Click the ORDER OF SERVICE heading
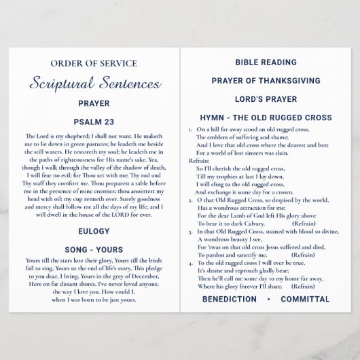[x=94, y=64]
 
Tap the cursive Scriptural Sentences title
[x=95, y=84]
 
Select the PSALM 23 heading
[x=94, y=122]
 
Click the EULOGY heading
[x=94, y=231]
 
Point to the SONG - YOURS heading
[x=94, y=250]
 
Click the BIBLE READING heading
[x=266, y=62]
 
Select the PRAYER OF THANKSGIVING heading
[x=266, y=81]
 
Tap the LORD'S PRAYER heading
[x=266, y=99]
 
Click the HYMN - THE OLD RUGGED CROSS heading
[x=266, y=118]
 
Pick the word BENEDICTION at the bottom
[x=230, y=299]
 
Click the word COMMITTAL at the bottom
[x=305, y=299]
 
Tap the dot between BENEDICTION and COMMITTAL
[x=269, y=299]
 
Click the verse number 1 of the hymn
[x=190, y=129]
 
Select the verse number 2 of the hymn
[x=190, y=200]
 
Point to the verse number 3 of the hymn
[x=190, y=231]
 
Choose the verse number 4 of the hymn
[x=190, y=262]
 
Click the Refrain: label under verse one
[x=200, y=160]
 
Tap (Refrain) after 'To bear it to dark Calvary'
[x=303, y=223]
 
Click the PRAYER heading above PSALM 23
[x=94, y=104]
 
